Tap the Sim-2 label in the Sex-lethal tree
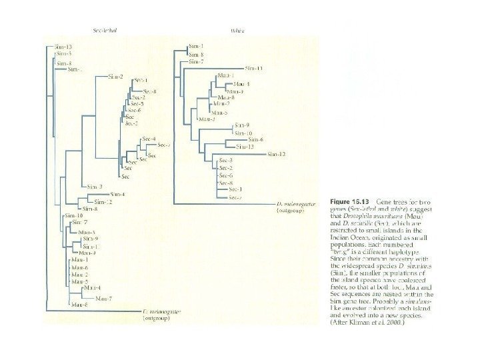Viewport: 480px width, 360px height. [115, 77]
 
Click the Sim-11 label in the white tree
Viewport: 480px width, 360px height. [254, 69]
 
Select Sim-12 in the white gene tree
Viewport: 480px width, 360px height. [277, 154]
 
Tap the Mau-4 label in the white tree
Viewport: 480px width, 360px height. [241, 84]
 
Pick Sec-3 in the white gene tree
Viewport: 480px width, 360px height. [225, 161]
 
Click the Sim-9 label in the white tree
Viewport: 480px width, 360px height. [242, 125]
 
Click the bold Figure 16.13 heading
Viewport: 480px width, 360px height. [351, 201]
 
